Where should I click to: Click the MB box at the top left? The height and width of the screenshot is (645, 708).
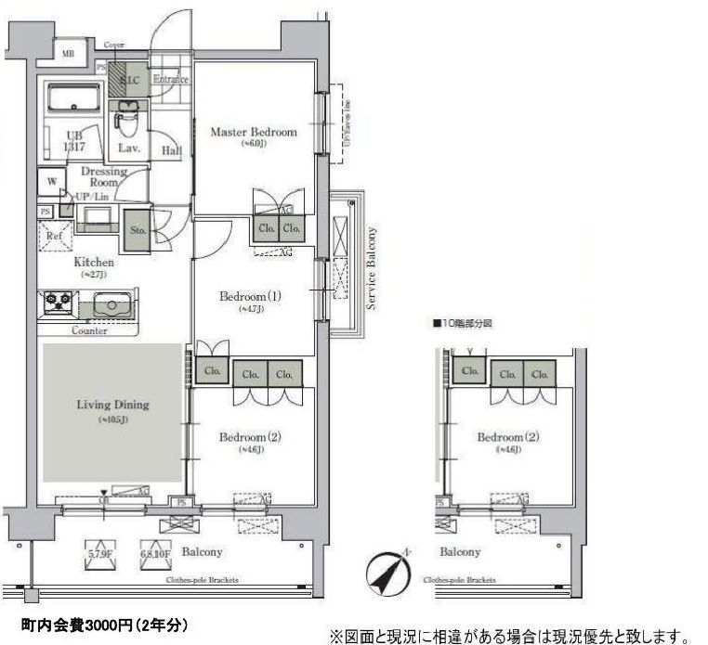tap(68, 55)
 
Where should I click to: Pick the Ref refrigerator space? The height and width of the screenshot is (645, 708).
tap(54, 235)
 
